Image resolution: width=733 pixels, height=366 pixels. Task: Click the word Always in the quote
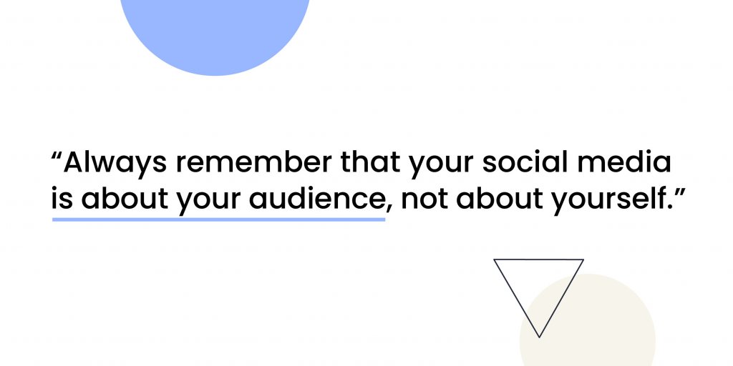115,163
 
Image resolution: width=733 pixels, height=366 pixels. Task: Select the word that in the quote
371,162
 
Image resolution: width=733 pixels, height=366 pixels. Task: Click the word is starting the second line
62,199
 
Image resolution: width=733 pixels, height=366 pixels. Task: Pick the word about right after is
125,199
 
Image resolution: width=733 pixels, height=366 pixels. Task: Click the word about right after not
497,199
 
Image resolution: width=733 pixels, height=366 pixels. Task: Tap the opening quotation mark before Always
57,155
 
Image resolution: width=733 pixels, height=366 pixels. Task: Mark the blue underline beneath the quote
218,219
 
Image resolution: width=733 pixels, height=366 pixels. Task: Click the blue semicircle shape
215,33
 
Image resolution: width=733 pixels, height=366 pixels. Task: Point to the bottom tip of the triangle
539,337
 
